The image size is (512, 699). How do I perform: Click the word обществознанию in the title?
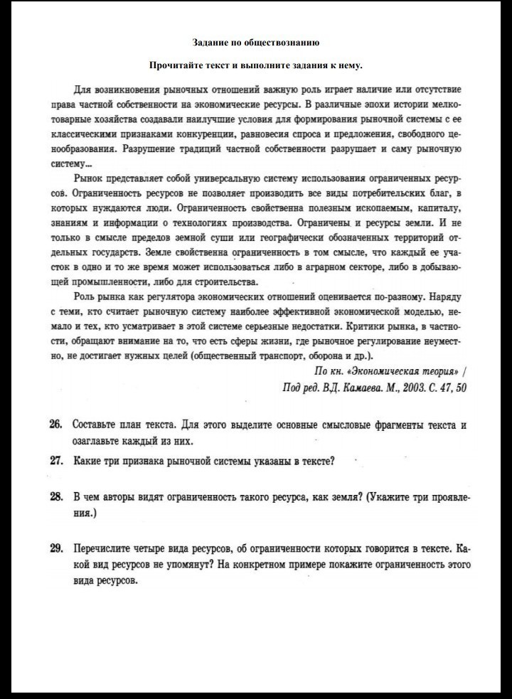tap(285, 43)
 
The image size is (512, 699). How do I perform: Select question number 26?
tap(56, 425)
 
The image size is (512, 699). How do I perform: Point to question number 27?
tap(56, 461)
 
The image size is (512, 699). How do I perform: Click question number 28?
tap(56, 496)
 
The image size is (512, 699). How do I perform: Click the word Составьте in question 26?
tap(97, 425)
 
